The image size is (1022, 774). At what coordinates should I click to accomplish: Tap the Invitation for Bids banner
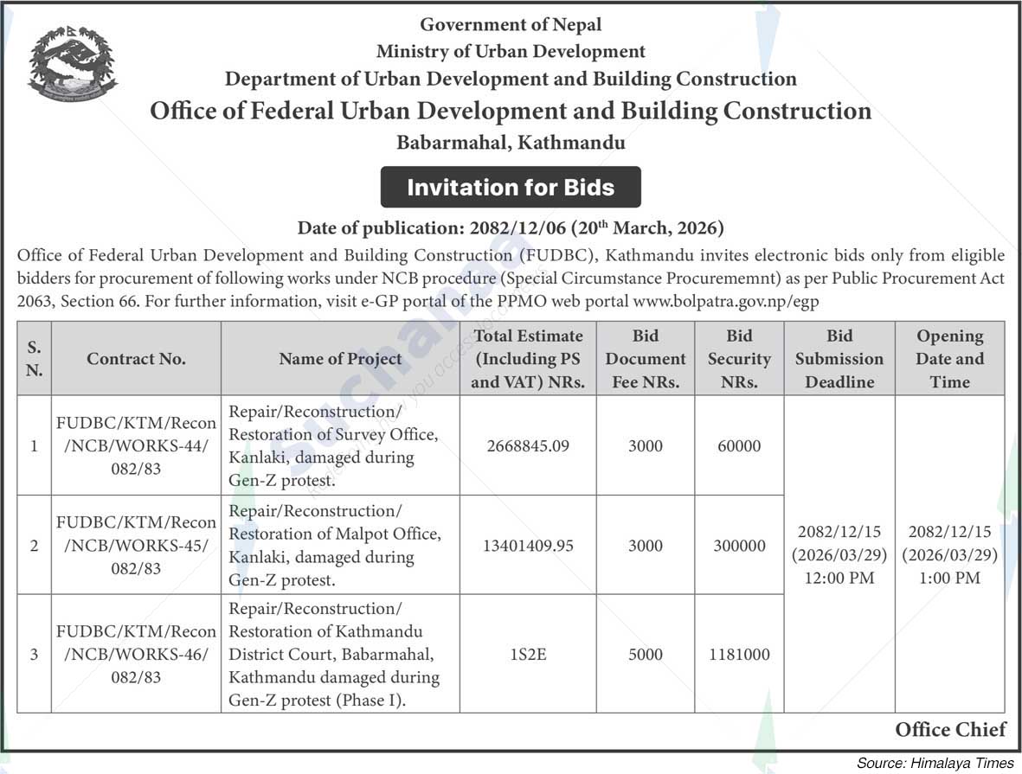(511, 187)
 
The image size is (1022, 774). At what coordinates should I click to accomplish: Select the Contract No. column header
(136, 359)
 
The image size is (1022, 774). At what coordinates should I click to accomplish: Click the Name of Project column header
(340, 359)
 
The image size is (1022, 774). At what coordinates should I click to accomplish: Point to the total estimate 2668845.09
(528, 446)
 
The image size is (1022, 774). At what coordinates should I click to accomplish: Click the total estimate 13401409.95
(528, 546)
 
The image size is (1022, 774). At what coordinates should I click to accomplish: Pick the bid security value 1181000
(739, 655)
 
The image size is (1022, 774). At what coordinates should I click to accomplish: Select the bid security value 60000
(739, 446)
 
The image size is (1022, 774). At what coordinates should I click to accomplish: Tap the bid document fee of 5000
(646, 655)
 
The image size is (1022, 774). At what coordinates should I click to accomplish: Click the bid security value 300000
(739, 546)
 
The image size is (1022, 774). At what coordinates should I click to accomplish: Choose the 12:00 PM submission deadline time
(839, 578)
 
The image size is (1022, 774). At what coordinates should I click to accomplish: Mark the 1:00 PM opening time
(950, 578)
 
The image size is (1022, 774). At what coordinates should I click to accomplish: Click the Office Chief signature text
(950, 729)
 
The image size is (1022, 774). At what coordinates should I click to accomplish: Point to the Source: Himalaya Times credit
(935, 763)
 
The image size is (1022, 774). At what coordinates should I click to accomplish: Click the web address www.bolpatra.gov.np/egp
(725, 301)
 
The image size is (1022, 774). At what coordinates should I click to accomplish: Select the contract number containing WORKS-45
(136, 546)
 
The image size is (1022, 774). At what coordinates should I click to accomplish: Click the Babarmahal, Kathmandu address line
(511, 142)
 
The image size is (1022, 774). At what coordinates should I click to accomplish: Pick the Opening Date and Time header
(950, 359)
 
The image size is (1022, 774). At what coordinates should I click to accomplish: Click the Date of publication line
(511, 228)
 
